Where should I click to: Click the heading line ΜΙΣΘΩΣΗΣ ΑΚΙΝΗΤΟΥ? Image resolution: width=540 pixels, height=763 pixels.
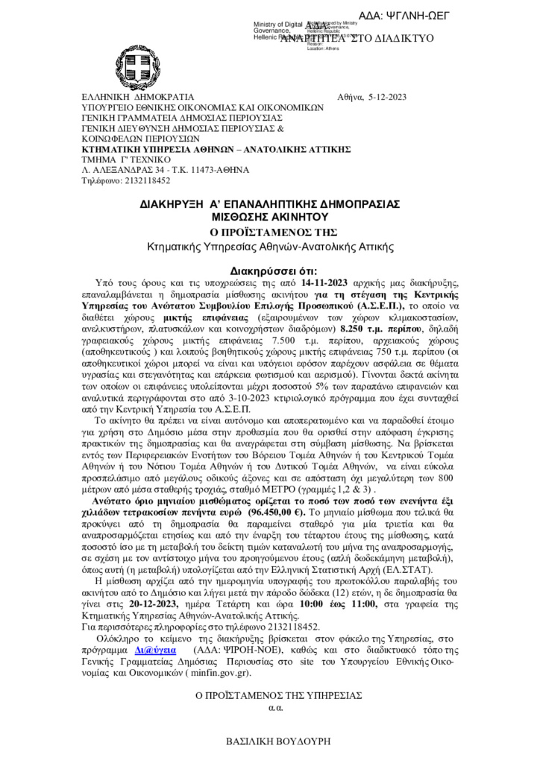point(270,215)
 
